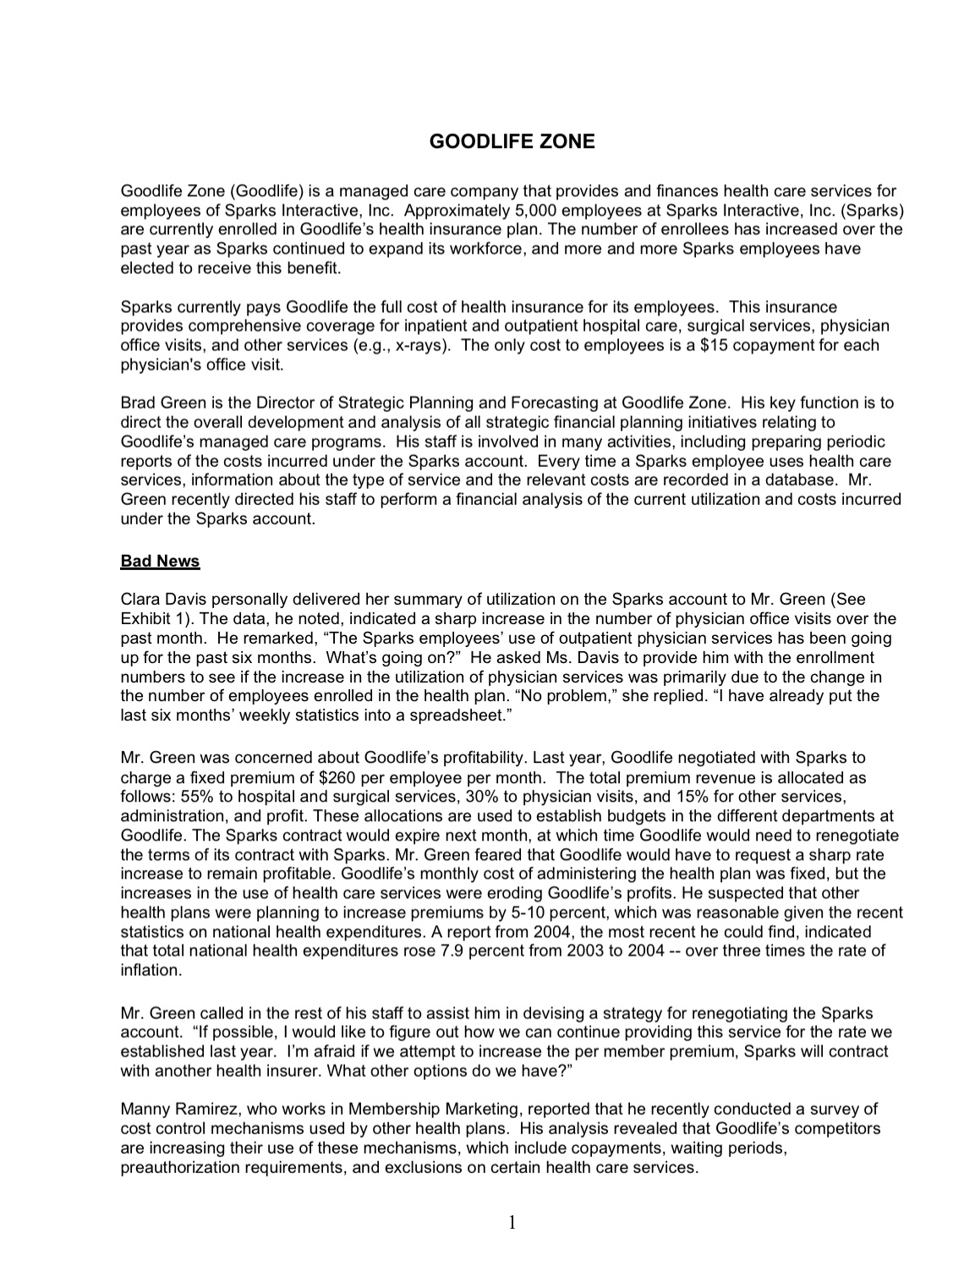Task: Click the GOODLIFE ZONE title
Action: (512, 141)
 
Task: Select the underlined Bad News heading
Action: (160, 561)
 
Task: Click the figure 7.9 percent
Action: (537, 951)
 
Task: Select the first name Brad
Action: (139, 403)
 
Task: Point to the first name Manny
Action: (144, 1109)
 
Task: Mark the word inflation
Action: (151, 970)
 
